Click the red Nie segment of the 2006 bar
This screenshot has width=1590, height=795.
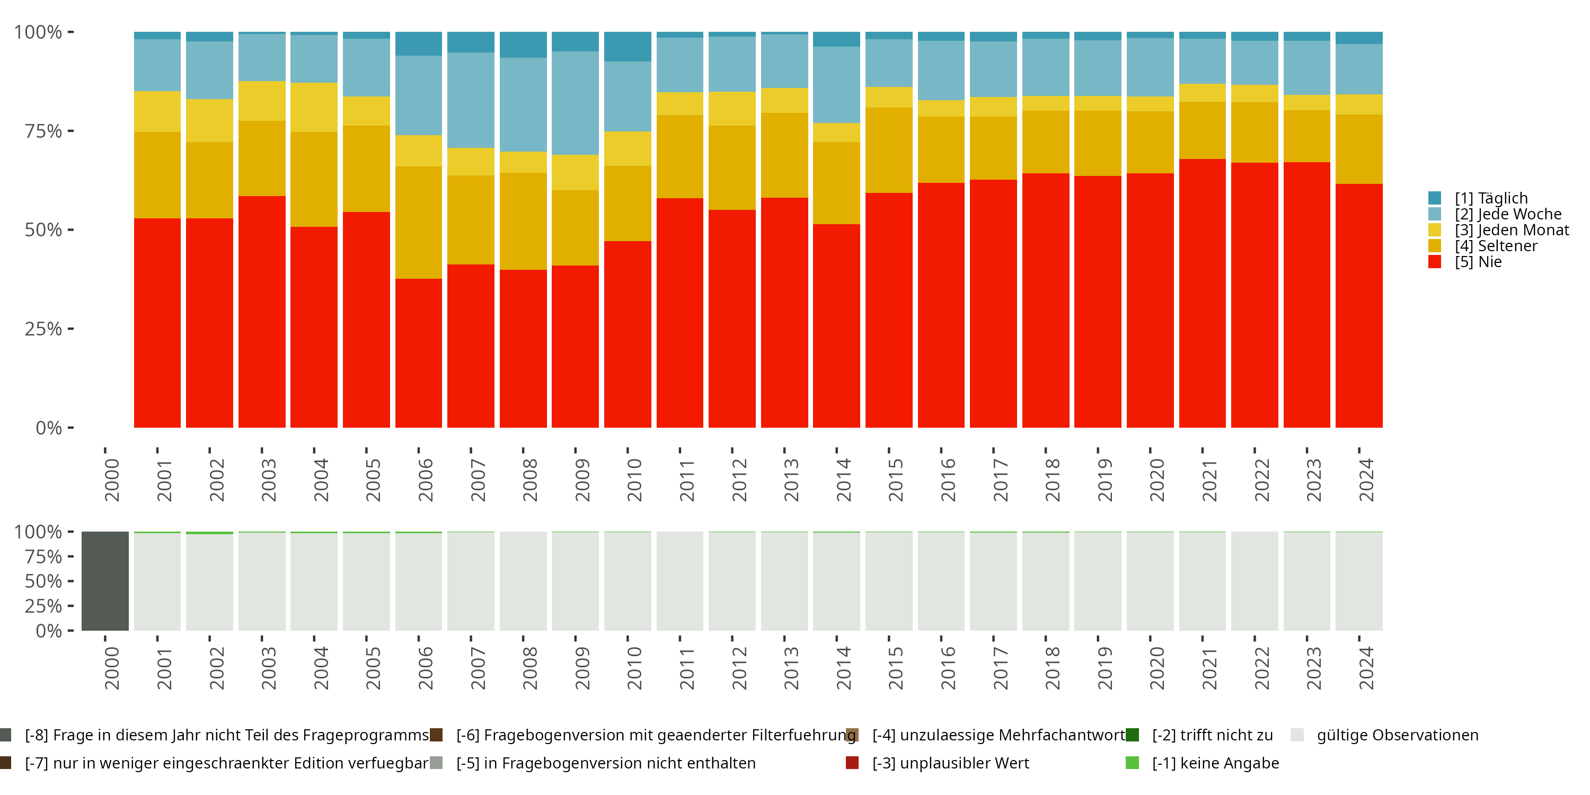419,352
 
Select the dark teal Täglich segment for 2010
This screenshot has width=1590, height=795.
627,46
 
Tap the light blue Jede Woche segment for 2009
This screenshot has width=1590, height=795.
575,102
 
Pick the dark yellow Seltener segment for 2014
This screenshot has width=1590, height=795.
836,183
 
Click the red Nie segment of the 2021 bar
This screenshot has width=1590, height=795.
1203,293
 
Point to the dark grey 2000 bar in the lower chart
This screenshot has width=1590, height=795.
105,581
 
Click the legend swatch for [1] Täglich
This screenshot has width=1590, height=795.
1435,198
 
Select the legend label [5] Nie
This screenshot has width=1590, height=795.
1478,262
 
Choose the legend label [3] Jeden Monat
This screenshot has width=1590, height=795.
1512,230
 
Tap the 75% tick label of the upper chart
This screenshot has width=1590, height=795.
43,131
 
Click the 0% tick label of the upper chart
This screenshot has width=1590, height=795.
49,428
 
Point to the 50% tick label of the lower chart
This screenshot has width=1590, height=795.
43,581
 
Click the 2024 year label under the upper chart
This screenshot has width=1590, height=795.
1366,480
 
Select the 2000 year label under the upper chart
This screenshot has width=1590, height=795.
112,480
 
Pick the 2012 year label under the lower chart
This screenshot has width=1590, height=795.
739,668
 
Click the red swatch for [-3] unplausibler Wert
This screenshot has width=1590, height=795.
852,763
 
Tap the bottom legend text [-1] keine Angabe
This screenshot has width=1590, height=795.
1215,763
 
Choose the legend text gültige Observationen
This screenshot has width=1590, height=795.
1398,735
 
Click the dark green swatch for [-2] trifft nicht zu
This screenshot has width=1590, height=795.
1132,735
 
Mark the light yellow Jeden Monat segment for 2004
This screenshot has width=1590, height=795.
314,108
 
